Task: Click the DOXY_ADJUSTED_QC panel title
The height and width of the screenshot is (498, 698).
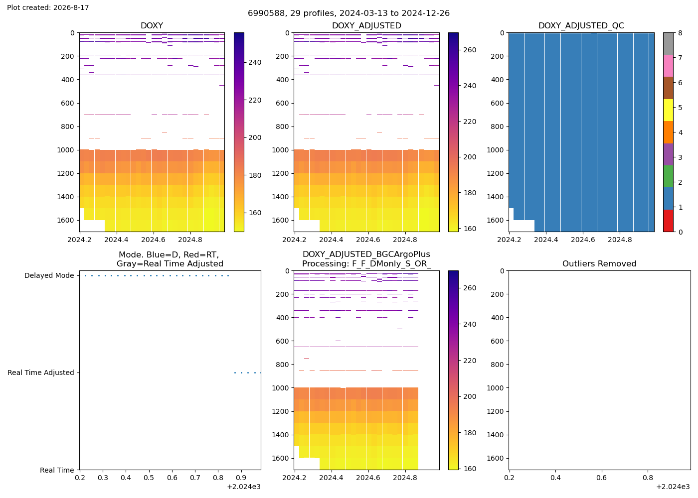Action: pyautogui.click(x=581, y=25)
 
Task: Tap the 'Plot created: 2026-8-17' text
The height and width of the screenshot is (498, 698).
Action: pyautogui.click(x=48, y=7)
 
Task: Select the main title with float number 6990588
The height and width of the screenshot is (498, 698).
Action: pyautogui.click(x=349, y=13)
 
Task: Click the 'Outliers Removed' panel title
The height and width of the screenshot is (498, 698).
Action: pyautogui.click(x=599, y=263)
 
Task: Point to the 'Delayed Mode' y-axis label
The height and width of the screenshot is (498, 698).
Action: pyautogui.click(x=49, y=275)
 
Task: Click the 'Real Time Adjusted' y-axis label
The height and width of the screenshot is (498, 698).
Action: pyautogui.click(x=41, y=373)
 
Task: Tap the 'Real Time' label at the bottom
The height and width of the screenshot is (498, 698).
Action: pyautogui.click(x=57, y=470)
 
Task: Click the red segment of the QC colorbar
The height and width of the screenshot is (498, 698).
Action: pyautogui.click(x=668, y=221)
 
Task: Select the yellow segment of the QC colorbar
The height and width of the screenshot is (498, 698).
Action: pyautogui.click(x=668, y=110)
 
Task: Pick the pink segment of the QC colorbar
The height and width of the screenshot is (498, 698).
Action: pyautogui.click(x=668, y=66)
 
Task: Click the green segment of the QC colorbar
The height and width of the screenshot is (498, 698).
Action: pyautogui.click(x=668, y=176)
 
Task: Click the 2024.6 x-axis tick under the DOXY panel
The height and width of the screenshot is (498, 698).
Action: pyautogui.click(x=153, y=240)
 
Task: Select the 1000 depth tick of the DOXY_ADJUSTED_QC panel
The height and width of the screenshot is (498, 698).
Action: pyautogui.click(x=495, y=150)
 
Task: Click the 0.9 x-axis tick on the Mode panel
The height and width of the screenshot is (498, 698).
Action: pyautogui.click(x=241, y=478)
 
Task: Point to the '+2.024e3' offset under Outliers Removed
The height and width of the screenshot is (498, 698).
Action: pyautogui.click(x=673, y=487)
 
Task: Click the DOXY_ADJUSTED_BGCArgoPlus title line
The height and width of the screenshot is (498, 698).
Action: pyautogui.click(x=366, y=254)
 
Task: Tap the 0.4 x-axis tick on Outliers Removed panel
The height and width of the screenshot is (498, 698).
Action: pyautogui.click(x=555, y=478)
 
